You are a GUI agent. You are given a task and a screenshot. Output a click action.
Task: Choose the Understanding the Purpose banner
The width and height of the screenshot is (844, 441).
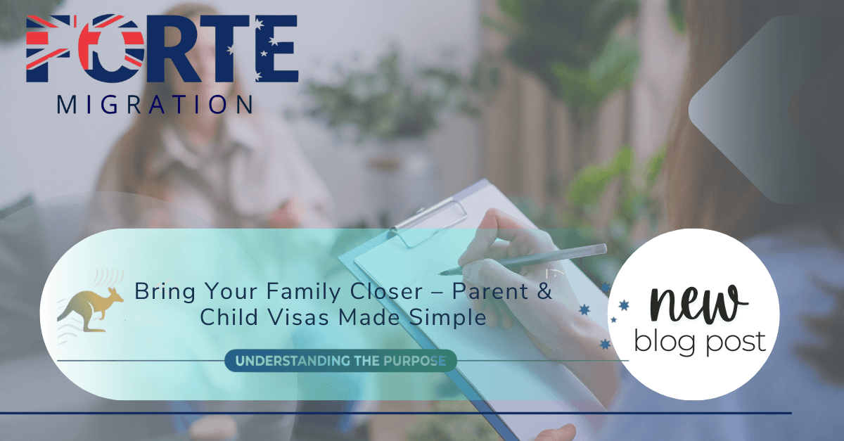340,362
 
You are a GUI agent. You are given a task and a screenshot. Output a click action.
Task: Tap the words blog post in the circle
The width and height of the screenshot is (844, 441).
699,342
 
